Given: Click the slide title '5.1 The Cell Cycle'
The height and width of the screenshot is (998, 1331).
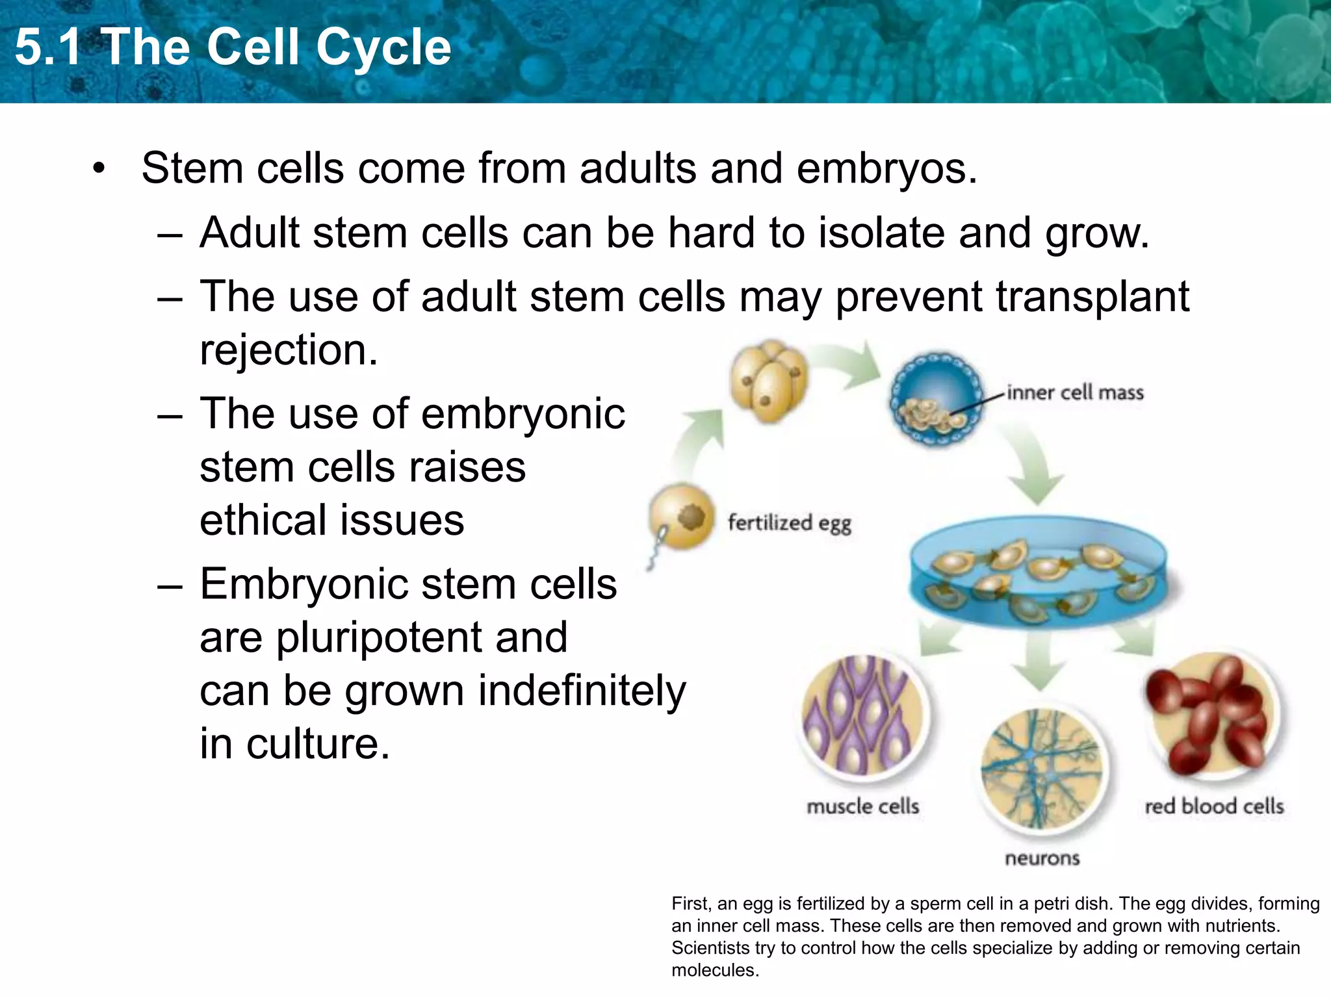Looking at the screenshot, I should click(x=233, y=47).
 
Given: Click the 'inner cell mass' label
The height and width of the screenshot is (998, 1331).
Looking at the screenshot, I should click(x=1075, y=393).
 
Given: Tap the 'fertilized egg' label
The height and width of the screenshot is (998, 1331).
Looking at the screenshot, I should click(x=789, y=523).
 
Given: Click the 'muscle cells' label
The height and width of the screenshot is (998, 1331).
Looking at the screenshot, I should click(x=862, y=806).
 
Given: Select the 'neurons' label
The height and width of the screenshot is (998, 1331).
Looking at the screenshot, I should click(x=1042, y=858).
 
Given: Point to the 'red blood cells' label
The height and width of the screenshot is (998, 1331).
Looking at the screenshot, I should click(x=1213, y=806).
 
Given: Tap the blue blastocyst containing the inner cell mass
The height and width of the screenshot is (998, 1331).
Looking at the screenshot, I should click(x=936, y=398).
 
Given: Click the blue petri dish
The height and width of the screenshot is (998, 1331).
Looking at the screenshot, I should click(x=1038, y=572).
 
